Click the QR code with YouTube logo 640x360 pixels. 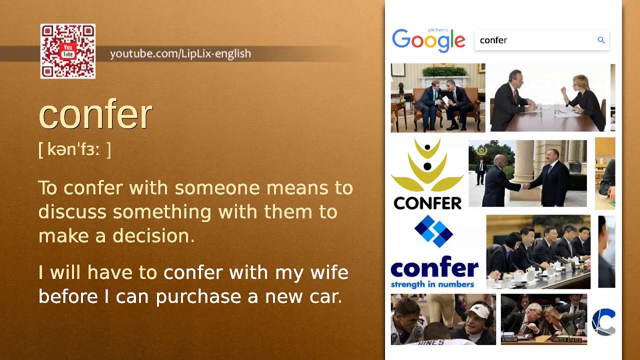pyautogui.click(x=68, y=51)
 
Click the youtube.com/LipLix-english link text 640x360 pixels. pyautogui.click(x=180, y=53)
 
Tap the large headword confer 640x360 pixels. pyautogui.click(x=95, y=115)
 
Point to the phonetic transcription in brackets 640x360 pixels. pyautogui.click(x=74, y=149)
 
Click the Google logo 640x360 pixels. pyautogui.click(x=428, y=40)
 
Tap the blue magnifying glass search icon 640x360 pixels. pyautogui.click(x=601, y=40)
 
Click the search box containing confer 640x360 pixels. pyautogui.click(x=535, y=40)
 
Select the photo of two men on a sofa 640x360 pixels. pyautogui.click(x=438, y=97)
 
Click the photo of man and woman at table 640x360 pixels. pyautogui.click(x=550, y=97)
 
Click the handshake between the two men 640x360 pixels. pyautogui.click(x=526, y=185)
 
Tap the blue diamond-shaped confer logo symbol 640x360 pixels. pyautogui.click(x=433, y=231)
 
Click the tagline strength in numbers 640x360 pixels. pyautogui.click(x=432, y=284)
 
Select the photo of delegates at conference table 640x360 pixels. pyautogui.click(x=538, y=251)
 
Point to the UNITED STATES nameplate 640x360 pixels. pyautogui.click(x=566, y=340)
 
